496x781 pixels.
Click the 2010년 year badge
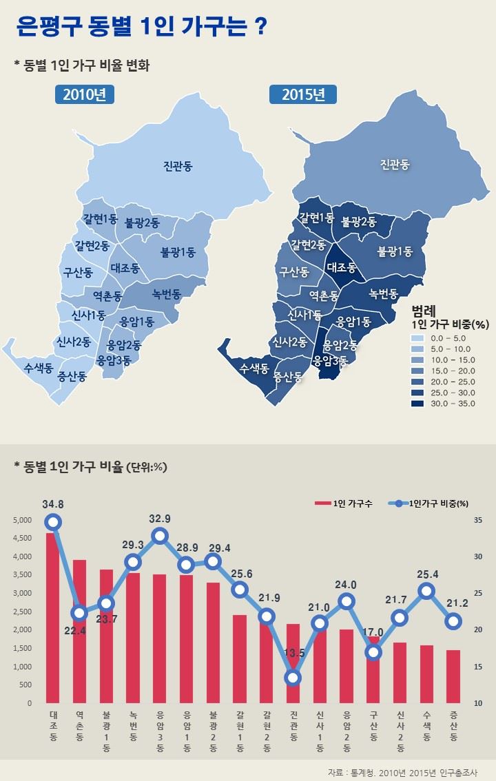point(84,95)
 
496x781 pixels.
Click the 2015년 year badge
point(302,95)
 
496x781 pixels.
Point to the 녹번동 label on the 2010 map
point(167,294)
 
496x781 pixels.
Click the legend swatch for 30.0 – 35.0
point(417,403)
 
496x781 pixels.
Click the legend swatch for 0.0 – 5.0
point(417,338)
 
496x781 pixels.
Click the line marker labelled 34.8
point(54,522)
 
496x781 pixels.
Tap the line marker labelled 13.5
point(293,678)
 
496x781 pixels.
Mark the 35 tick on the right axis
point(477,520)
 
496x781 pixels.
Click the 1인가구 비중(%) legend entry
point(431,503)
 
